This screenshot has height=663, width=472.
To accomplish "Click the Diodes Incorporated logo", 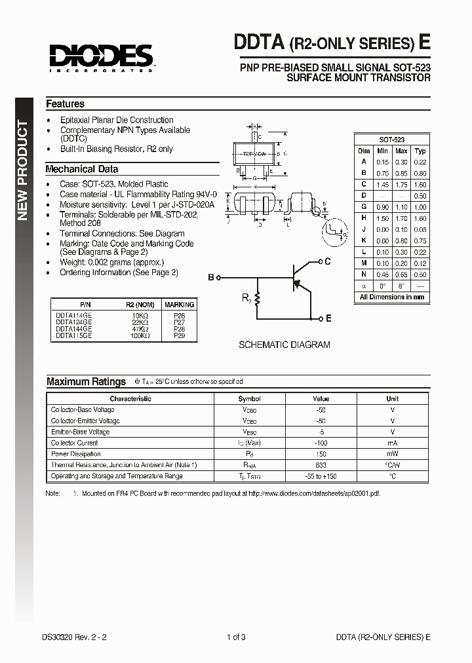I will [100, 57].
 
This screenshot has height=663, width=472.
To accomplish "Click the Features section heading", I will [65, 104].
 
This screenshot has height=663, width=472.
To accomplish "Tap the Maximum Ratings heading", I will [86, 381].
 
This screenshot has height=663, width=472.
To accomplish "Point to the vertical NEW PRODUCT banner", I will [23, 170].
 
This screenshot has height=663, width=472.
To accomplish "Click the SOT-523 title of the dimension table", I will [392, 140].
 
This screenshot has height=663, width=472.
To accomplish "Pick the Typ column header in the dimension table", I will [420, 151].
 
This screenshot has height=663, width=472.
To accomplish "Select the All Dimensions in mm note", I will [392, 297].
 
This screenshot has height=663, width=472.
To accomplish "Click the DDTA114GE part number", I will [73, 315].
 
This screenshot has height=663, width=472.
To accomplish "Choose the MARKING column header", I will [179, 305].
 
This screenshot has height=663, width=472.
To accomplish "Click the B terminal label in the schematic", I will [211, 278].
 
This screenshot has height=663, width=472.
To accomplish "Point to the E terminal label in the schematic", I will [328, 318].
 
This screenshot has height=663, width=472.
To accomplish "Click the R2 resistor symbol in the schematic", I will [258, 299].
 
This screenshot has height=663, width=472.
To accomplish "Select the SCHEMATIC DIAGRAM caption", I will [284, 345].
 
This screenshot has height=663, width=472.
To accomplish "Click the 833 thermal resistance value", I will [321, 465].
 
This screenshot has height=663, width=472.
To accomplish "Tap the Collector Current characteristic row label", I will [75, 443].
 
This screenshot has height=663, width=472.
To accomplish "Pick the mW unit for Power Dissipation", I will [392, 454].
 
